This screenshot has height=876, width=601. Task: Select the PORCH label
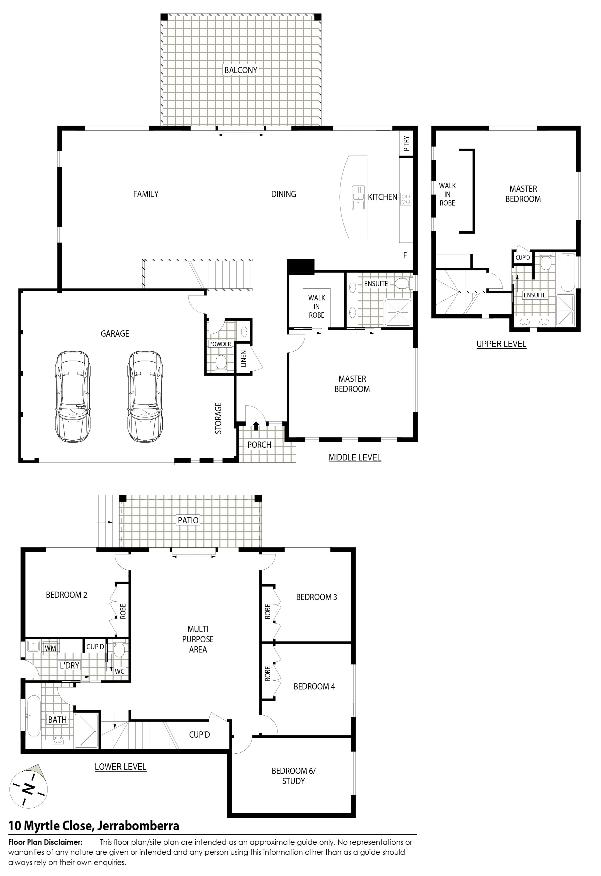[259, 445]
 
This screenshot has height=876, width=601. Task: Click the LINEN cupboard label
[243, 359]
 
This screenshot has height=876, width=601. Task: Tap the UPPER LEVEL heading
[501, 344]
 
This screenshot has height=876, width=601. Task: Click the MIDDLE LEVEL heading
[355, 457]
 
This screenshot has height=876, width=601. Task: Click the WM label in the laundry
[50, 648]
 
